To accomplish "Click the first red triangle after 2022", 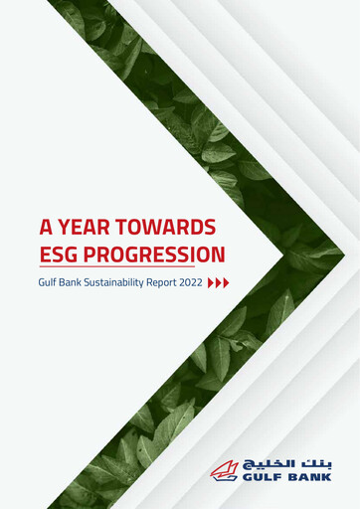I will coord(211,282).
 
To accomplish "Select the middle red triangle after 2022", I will coord(219,282).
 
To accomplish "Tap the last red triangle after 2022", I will coord(227,282).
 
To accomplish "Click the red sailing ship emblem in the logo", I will coord(226,469).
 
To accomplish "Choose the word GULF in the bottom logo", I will coord(263,476).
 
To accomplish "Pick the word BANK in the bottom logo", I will coord(310,476).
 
